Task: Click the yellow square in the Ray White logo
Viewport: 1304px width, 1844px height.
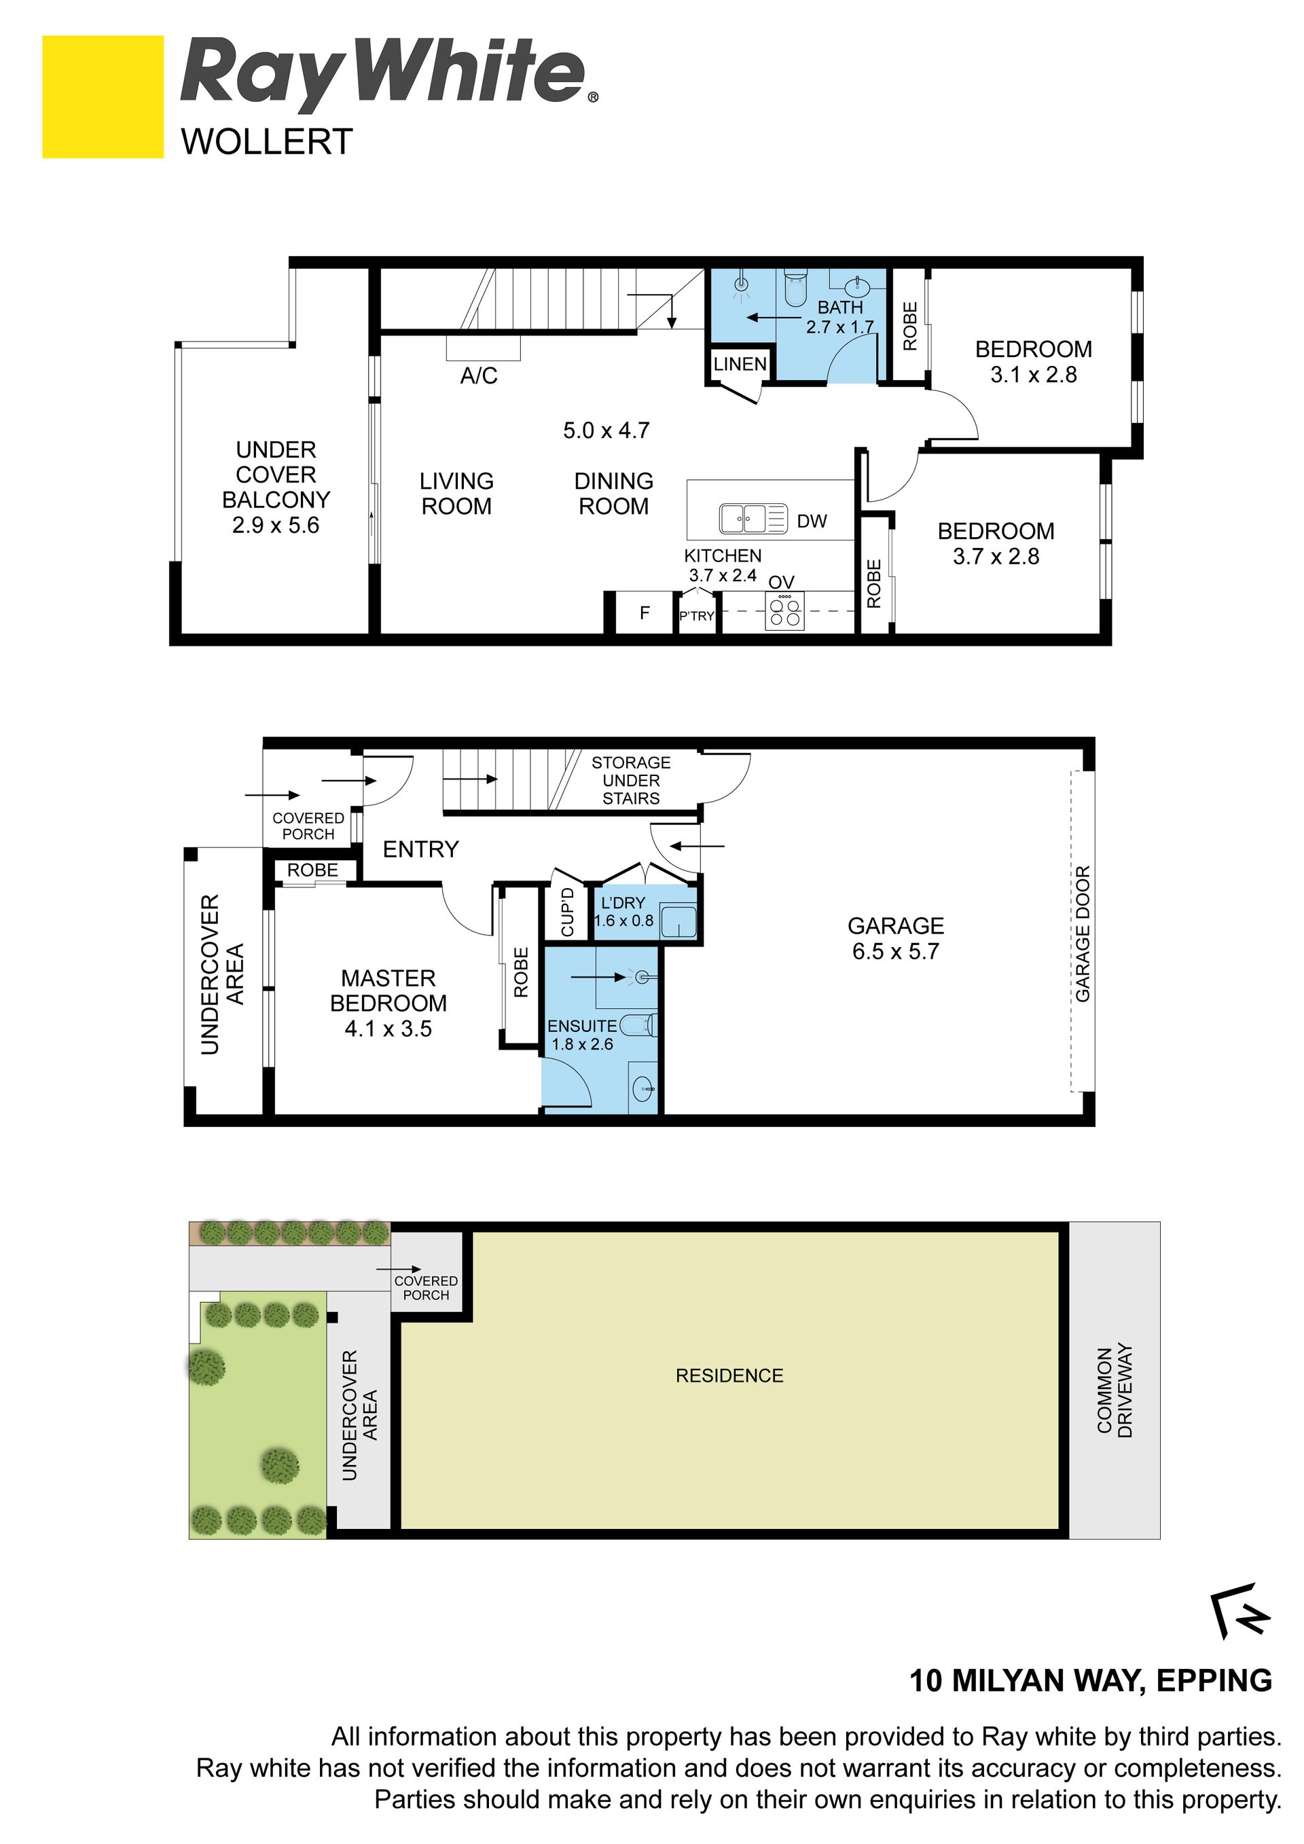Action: click(103, 96)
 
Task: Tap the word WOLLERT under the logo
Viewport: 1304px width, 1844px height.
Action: click(267, 142)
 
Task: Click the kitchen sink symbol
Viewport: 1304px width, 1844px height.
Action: click(753, 518)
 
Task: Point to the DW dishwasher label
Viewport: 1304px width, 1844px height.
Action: click(812, 521)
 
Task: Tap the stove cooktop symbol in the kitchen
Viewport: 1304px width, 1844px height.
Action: click(785, 611)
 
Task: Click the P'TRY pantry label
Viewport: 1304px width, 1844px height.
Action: click(697, 616)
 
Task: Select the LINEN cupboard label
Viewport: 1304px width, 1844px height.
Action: click(740, 364)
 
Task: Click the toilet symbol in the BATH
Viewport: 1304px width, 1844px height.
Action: click(795, 289)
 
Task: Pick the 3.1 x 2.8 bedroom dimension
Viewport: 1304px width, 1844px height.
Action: click(1033, 374)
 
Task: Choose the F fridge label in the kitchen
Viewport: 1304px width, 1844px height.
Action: click(645, 613)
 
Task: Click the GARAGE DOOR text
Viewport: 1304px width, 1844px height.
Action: click(1082, 934)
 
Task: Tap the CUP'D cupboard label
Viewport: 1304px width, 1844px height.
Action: click(567, 912)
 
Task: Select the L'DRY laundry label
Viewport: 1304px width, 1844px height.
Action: click(623, 903)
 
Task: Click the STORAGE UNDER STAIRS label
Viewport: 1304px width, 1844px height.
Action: click(631, 780)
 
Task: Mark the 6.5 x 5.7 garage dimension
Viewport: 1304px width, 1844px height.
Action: click(896, 951)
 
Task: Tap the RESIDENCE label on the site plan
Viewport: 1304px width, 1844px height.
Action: click(729, 1376)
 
